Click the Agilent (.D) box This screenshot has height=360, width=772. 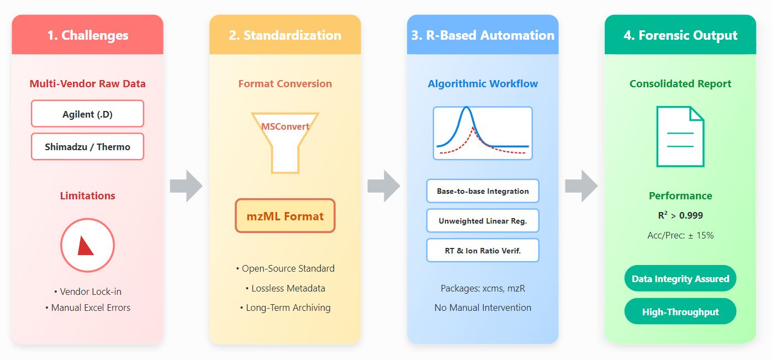pyautogui.click(x=88, y=114)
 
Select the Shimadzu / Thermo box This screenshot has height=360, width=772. pyautogui.click(x=88, y=147)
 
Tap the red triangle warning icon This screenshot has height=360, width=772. pyautogui.click(x=86, y=246)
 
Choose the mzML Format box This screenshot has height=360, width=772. pyautogui.click(x=285, y=216)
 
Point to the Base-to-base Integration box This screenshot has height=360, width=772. pyautogui.click(x=483, y=191)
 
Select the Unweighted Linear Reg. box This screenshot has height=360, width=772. pyautogui.click(x=483, y=220)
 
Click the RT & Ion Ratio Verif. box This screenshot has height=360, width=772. pyautogui.click(x=483, y=251)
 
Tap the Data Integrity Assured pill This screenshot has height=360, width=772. pyautogui.click(x=680, y=278)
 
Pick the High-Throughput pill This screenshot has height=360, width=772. pyautogui.click(x=680, y=311)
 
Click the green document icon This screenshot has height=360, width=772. pyautogui.click(x=680, y=136)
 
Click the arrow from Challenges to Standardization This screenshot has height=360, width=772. pyautogui.click(x=186, y=186)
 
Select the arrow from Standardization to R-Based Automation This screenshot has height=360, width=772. pyautogui.click(x=384, y=186)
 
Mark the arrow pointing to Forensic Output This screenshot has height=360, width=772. pyautogui.click(x=581, y=186)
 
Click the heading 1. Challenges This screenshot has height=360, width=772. pyautogui.click(x=88, y=35)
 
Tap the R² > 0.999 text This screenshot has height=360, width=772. pyautogui.click(x=680, y=215)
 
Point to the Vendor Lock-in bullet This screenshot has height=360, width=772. pyautogui.click(x=88, y=292)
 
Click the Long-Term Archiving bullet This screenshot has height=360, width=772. pyautogui.click(x=285, y=308)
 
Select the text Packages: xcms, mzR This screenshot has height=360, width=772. pyautogui.click(x=483, y=288)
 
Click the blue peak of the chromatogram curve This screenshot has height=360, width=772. pyautogui.click(x=466, y=108)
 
